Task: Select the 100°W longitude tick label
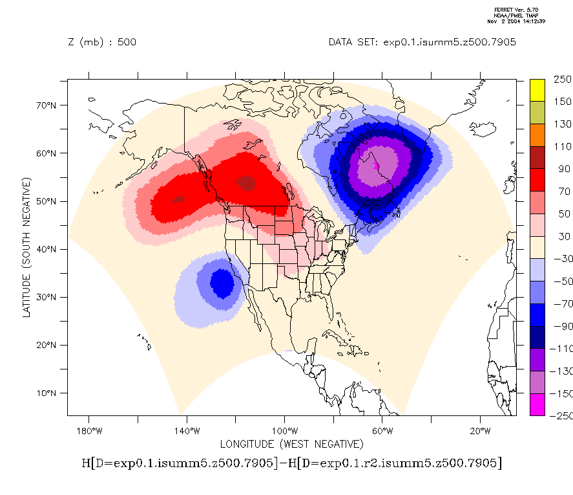tap(284, 431)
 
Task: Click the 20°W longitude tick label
tap(479, 431)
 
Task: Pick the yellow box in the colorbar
tap(537, 90)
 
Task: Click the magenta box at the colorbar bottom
tap(537, 404)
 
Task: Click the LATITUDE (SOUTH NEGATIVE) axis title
tap(27, 248)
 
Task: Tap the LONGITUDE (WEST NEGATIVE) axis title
tap(291, 444)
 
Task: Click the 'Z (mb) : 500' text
tap(102, 43)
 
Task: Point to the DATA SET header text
tap(422, 43)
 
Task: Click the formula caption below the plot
tap(291, 463)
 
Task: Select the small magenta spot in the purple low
tap(376, 165)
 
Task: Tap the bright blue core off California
tap(222, 283)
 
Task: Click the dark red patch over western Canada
tap(246, 184)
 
